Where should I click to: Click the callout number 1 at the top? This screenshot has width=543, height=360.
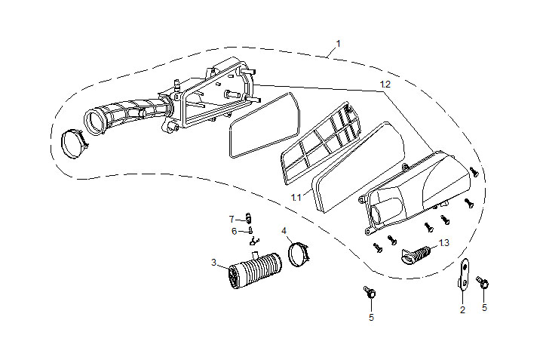338,44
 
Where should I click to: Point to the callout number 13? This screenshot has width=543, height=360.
443,242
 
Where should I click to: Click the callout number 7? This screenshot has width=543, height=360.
232,219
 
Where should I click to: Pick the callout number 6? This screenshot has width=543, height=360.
235,231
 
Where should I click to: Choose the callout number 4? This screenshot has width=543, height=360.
284,229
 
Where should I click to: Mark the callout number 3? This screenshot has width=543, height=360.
214,262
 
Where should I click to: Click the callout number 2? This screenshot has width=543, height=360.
462,309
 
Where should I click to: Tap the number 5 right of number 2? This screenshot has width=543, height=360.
484,307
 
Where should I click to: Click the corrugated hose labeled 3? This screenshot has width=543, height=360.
253,272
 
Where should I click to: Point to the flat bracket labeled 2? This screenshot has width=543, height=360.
464,274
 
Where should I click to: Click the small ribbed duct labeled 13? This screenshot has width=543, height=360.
418,255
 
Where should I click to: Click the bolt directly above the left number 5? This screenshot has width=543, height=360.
370,291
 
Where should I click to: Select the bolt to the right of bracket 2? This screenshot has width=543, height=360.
483,284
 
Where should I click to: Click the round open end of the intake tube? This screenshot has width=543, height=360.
95,120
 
